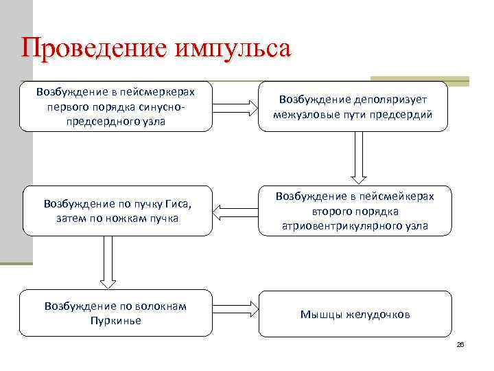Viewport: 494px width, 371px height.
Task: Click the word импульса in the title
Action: (233, 49)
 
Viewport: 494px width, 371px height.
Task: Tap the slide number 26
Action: (460, 344)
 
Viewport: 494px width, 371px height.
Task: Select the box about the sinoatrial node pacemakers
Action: (116, 106)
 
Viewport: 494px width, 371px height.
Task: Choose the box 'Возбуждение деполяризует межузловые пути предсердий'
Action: (353, 106)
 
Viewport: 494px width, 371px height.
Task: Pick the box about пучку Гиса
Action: (116, 211)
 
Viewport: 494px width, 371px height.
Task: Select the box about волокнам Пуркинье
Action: (116, 313)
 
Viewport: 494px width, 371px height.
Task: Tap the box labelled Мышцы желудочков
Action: (355, 314)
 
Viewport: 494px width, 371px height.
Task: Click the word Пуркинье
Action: (115, 320)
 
